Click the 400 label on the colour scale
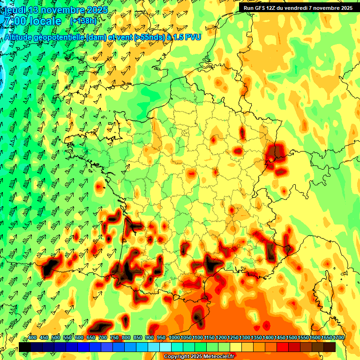point(32,338)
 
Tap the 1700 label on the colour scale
point(339,338)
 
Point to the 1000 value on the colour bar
point(174,338)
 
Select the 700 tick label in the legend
point(103,338)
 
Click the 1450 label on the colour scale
point(280,338)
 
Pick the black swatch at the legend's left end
point(25,347)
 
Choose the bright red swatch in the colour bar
point(282,347)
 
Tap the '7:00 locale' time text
point(32,22)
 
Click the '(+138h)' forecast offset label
point(83,21)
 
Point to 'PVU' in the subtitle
point(194,37)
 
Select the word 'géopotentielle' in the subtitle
point(60,37)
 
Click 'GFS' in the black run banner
point(261,8)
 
